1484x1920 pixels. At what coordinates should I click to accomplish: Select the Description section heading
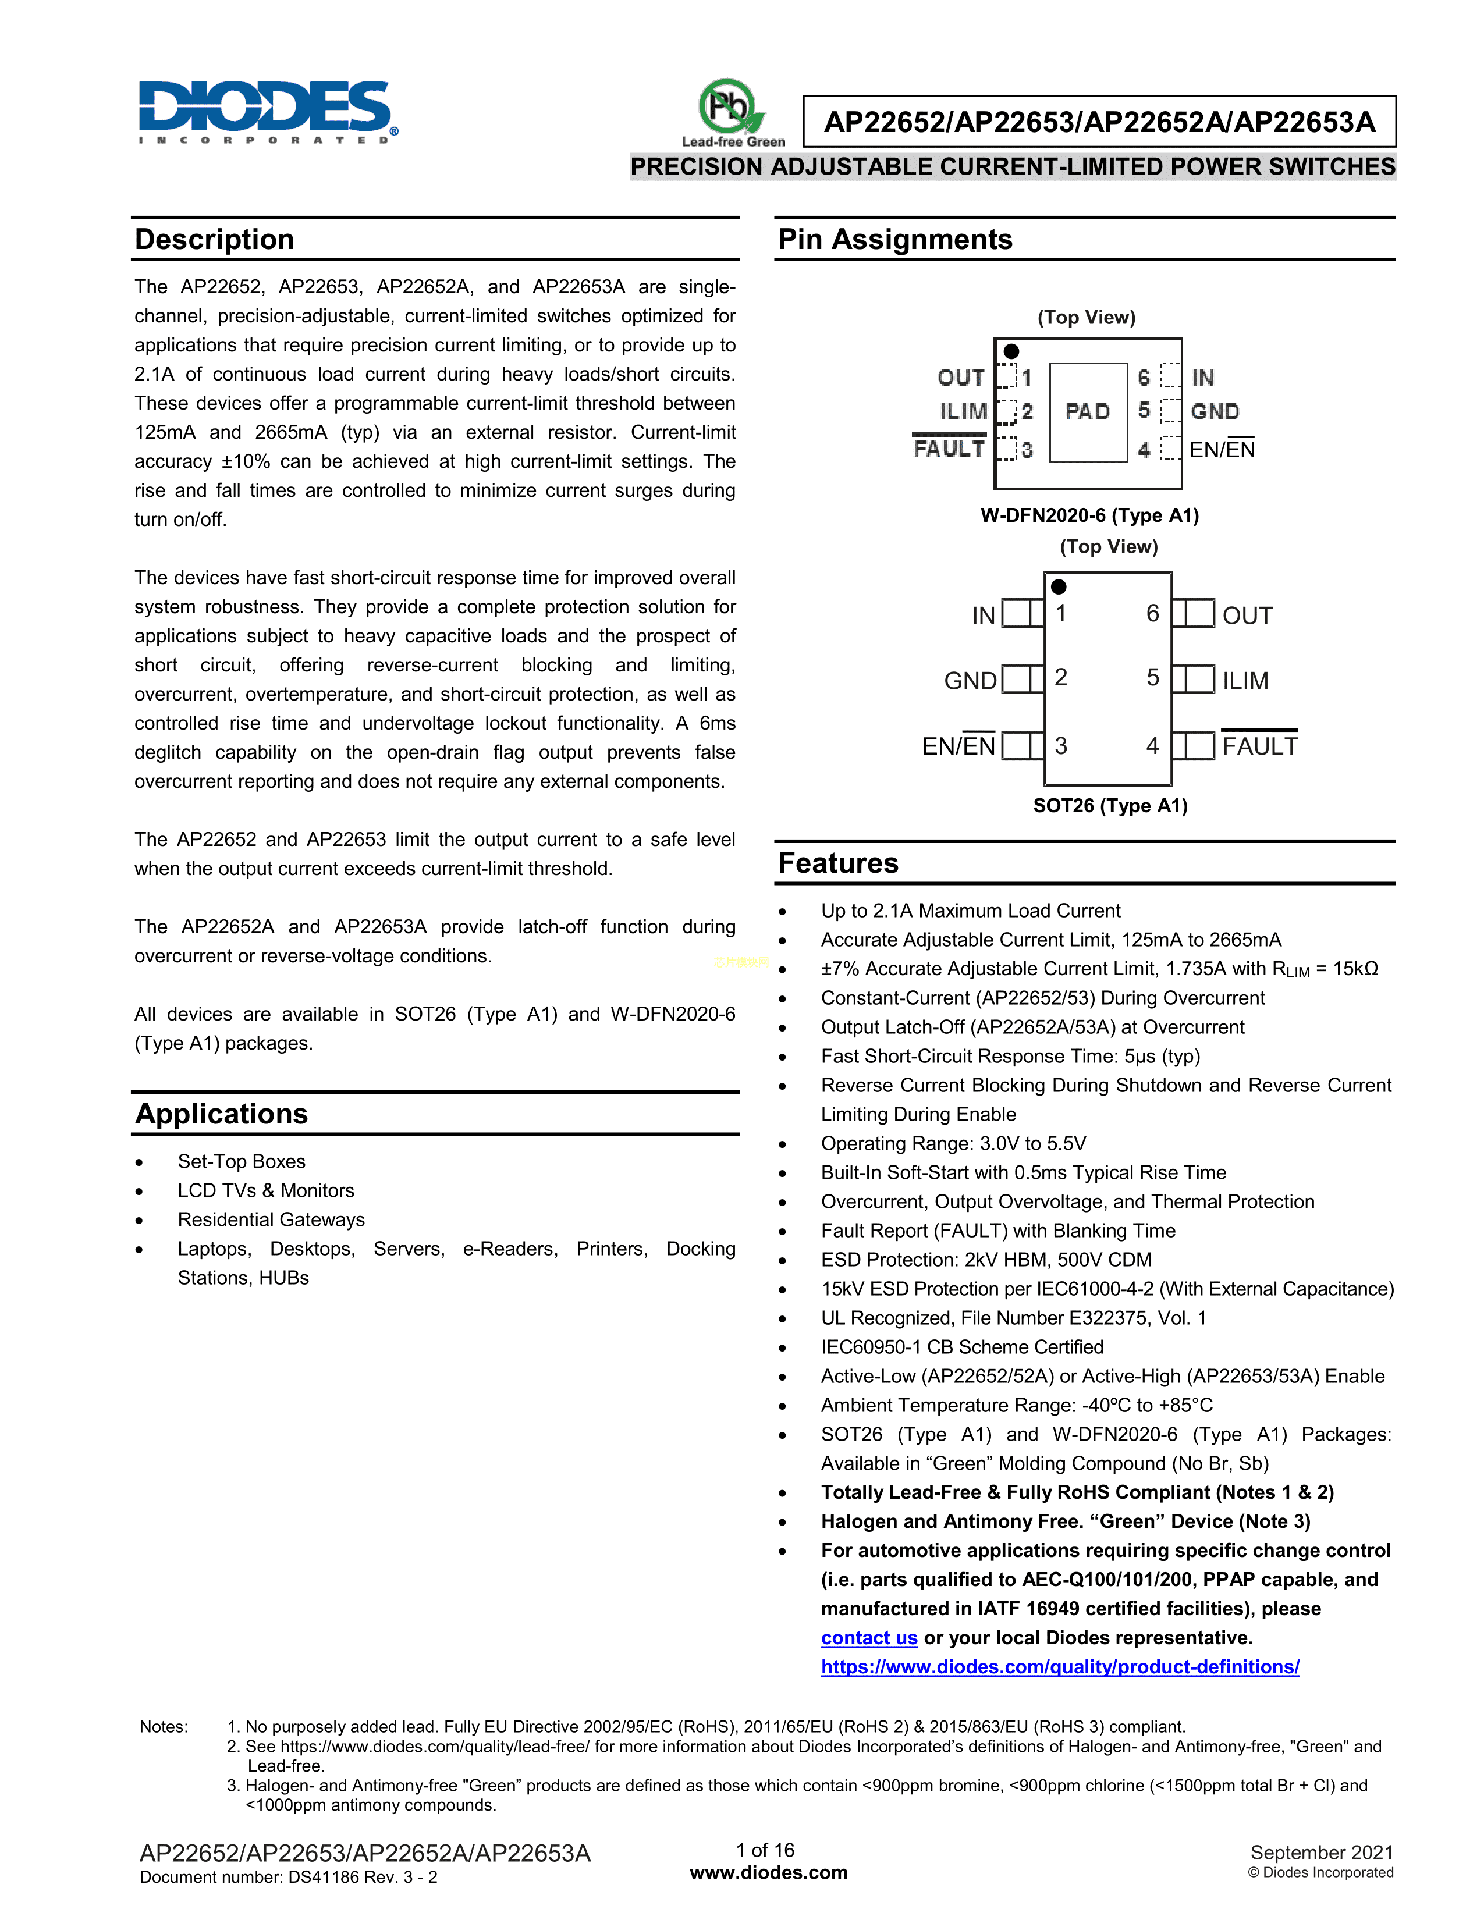tap(215, 239)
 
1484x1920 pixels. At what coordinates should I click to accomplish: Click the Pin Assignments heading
tap(895, 239)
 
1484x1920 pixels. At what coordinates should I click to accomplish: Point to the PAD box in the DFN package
tap(1088, 411)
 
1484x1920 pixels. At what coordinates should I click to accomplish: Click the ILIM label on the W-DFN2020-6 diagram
tap(964, 411)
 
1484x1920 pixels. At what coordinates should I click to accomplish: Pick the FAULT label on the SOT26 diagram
tap(1259, 746)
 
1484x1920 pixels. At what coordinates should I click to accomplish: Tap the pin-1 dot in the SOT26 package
tap(1059, 586)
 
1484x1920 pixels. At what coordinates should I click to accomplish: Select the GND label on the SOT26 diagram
tap(971, 681)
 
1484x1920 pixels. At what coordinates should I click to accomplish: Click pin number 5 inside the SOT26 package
tap(1152, 677)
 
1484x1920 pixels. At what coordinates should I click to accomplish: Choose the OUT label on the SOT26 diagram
tap(1247, 616)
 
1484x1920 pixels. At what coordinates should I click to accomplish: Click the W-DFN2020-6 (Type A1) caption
tap(1089, 515)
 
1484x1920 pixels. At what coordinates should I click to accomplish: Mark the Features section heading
tap(839, 863)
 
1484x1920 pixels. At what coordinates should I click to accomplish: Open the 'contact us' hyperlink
tap(869, 1638)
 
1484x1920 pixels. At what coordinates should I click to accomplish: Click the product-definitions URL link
tap(1059, 1667)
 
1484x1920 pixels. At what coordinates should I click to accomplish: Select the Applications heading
tap(222, 1114)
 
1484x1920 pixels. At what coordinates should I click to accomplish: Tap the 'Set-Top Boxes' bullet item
tap(241, 1161)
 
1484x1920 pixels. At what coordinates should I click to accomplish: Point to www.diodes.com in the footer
tap(768, 1872)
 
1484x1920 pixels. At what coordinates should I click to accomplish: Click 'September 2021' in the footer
tap(1322, 1853)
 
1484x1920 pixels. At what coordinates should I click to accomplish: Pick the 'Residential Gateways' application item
tap(271, 1219)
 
